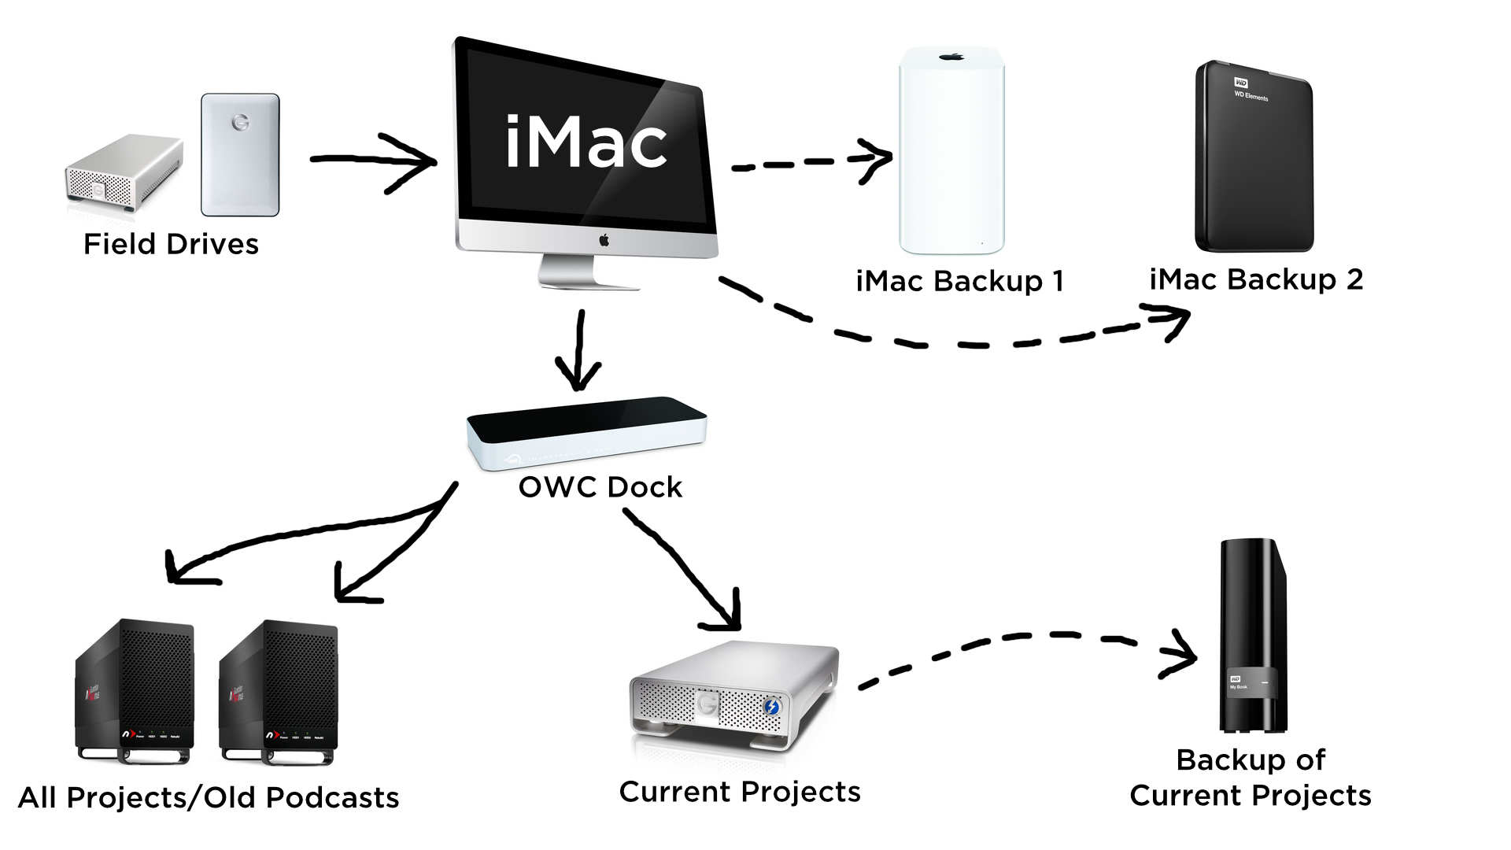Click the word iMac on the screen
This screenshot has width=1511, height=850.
586,142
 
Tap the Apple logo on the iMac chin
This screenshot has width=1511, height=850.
604,240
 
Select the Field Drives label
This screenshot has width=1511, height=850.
171,245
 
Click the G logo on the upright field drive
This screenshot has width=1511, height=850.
240,123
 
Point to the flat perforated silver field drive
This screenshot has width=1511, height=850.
124,172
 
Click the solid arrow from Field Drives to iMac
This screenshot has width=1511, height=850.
373,161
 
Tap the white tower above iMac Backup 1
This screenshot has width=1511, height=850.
951,150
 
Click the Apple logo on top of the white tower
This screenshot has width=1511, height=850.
951,57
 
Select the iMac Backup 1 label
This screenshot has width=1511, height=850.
959,281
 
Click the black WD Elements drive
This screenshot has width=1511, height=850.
1253,157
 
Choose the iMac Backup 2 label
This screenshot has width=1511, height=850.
1256,279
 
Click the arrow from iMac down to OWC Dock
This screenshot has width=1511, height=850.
579,350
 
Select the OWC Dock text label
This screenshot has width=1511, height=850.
600,487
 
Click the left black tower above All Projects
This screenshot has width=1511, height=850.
135,691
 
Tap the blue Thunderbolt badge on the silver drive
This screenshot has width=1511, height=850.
771,706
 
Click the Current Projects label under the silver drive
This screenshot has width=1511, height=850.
740,792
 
